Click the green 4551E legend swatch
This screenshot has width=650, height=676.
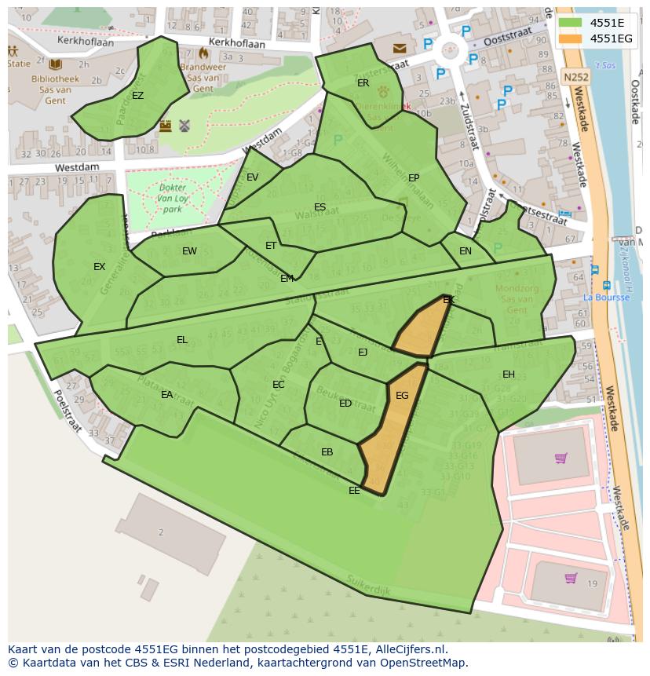point(571,23)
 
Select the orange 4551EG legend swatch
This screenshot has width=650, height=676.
point(571,38)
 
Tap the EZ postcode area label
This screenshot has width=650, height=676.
point(137,96)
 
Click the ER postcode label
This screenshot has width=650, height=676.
point(363,82)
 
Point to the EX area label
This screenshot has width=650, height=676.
point(99,267)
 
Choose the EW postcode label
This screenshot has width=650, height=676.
point(189,251)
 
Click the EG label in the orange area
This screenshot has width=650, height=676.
point(402,396)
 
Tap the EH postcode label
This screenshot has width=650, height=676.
point(509,375)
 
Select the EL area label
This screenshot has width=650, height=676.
point(182,340)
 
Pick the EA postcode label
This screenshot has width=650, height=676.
point(166,395)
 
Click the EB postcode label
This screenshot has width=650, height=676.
point(327,452)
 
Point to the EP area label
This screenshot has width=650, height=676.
point(414,178)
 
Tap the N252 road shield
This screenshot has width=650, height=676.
point(575,77)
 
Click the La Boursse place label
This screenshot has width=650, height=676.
point(606,298)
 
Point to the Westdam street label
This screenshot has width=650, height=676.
point(77,167)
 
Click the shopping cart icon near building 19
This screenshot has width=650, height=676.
point(571,579)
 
